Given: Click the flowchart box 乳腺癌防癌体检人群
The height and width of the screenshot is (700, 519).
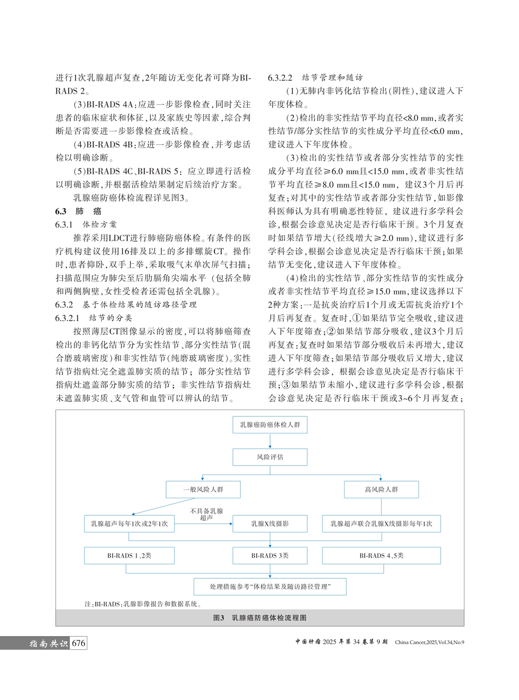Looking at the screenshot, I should [270, 425].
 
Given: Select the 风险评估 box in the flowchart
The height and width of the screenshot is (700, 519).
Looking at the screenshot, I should [270, 457].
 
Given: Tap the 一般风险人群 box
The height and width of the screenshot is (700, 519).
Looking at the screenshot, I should [203, 489].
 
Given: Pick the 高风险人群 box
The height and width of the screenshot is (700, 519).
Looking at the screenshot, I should [381, 489].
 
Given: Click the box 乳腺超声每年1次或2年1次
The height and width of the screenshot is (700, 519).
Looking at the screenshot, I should [129, 524].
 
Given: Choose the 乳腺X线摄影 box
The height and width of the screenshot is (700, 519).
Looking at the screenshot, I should [270, 524].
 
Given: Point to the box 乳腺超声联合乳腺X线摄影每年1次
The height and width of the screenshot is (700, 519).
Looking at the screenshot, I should [381, 524].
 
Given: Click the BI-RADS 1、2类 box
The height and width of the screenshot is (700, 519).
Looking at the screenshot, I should [129, 556].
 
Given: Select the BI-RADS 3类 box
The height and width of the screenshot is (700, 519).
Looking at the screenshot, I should [270, 556].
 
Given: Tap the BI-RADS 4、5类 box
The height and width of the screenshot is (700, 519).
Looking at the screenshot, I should [381, 556].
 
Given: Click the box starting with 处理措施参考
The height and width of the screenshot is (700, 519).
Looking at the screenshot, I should [270, 587].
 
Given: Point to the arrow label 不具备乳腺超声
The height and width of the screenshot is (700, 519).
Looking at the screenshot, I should [207, 514].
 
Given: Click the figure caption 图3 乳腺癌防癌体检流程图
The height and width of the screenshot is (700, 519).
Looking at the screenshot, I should [260, 618].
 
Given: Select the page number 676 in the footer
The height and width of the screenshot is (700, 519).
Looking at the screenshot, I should [79, 643].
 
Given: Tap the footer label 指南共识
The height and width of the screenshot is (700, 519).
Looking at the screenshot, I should [48, 643].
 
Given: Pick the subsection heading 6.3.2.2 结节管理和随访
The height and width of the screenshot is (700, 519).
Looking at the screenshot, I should [315, 78].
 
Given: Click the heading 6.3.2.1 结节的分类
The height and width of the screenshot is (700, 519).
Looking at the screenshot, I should [94, 318].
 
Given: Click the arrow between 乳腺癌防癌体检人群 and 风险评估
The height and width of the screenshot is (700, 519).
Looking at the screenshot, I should [270, 441].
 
